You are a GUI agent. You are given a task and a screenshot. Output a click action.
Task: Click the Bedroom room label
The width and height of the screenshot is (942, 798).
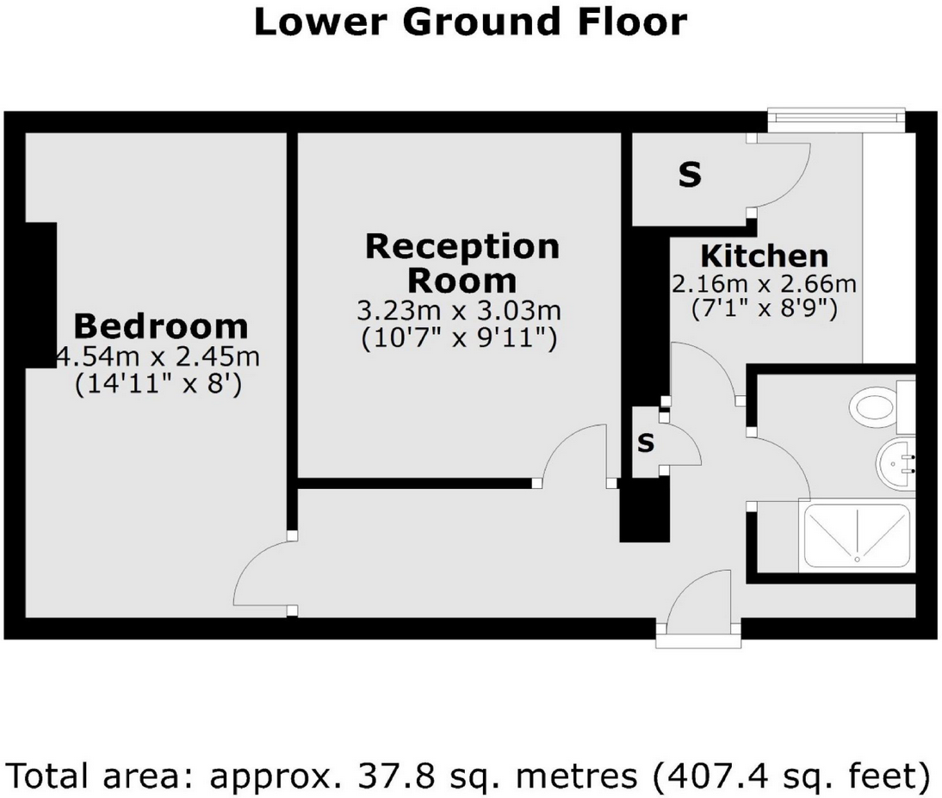(160, 327)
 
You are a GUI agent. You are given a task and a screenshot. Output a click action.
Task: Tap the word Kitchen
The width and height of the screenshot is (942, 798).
(764, 257)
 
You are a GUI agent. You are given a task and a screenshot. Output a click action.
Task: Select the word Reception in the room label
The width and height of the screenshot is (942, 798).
(462, 247)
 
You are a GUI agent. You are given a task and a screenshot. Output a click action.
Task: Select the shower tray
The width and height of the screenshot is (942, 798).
(856, 535)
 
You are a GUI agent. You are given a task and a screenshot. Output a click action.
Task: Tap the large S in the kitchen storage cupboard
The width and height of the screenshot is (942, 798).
(690, 176)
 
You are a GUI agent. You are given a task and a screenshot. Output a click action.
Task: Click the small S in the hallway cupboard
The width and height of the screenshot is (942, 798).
(646, 443)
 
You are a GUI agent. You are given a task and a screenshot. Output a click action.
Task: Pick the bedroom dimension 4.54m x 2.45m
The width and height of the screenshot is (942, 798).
(158, 356)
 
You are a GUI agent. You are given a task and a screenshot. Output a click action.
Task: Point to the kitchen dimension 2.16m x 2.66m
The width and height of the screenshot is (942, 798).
(764, 283)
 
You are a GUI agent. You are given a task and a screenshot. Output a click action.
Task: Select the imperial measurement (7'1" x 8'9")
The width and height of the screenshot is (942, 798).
(764, 308)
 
